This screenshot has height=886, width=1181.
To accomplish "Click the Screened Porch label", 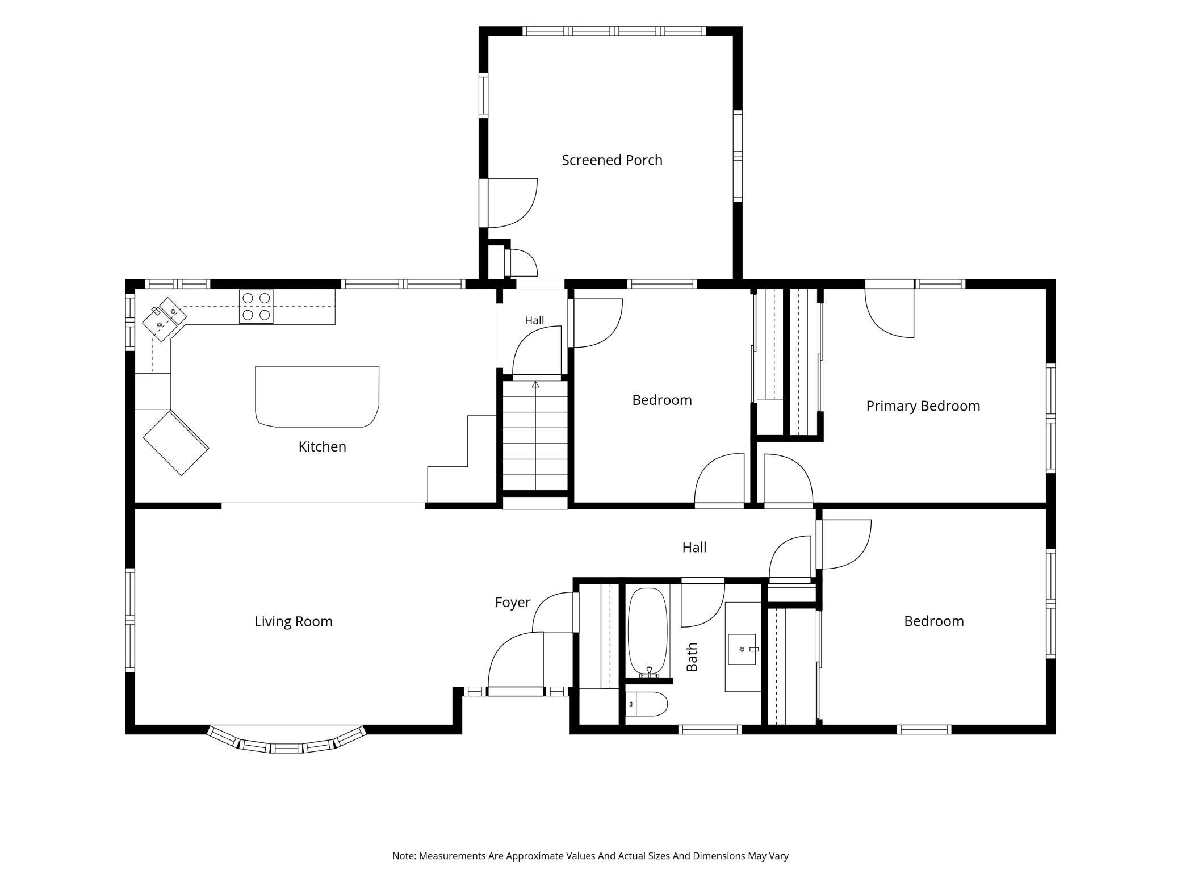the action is pos(612,160).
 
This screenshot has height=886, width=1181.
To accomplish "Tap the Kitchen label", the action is pos(322,446).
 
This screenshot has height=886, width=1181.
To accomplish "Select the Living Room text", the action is pos(293,621).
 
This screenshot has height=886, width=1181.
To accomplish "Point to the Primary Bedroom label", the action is pos(923,406).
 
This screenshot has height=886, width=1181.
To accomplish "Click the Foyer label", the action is pos(512,603).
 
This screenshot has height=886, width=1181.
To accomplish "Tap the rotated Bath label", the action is pos(692,657).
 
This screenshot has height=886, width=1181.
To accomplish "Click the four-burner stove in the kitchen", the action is pos(256,307).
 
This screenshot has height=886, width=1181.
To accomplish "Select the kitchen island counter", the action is pos(317,396).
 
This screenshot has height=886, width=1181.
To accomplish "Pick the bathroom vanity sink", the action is pos(742,649).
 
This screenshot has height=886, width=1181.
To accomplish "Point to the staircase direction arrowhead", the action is pos(535,385).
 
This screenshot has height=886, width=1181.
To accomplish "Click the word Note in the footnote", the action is pos(404,856).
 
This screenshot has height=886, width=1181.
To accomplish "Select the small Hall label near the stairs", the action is pos(534,320).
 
